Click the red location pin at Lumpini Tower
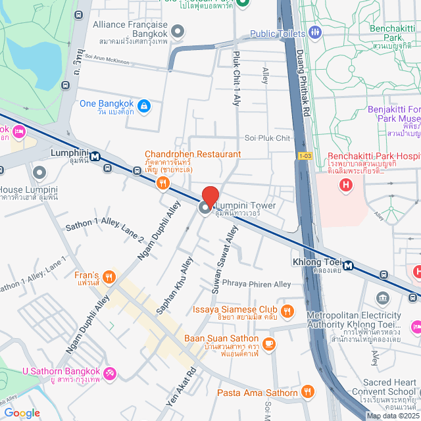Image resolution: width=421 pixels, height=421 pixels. point(210,195)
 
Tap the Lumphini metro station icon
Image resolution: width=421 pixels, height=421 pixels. point(96,157)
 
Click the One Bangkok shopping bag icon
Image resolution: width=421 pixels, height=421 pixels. point(144,105)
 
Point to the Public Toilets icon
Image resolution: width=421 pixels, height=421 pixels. point(315,32)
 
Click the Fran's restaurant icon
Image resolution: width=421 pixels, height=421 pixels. point(110,278)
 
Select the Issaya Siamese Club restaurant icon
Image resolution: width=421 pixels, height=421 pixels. point(287,310)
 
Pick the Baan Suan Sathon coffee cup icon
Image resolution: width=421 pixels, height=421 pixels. point(268,343)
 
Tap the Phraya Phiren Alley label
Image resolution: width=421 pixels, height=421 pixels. point(256,284)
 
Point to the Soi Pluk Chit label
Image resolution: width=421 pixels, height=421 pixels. point(267,138)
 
